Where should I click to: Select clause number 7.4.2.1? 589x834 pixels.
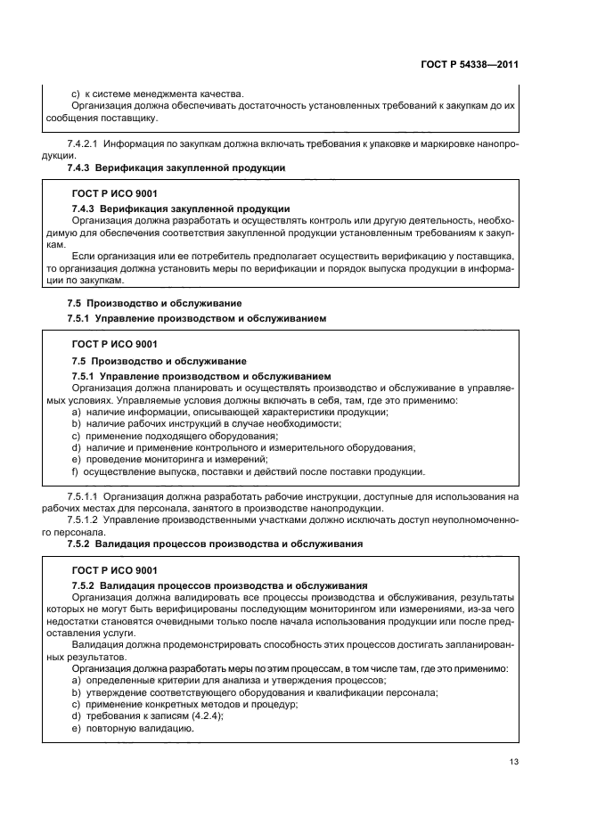click(x=86, y=143)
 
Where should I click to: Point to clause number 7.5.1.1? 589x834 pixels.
click(x=86, y=495)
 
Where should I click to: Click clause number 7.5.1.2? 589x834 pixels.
click(x=86, y=519)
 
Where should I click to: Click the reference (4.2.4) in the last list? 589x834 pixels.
click(x=206, y=716)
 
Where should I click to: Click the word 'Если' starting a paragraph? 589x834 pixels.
click(x=80, y=255)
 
